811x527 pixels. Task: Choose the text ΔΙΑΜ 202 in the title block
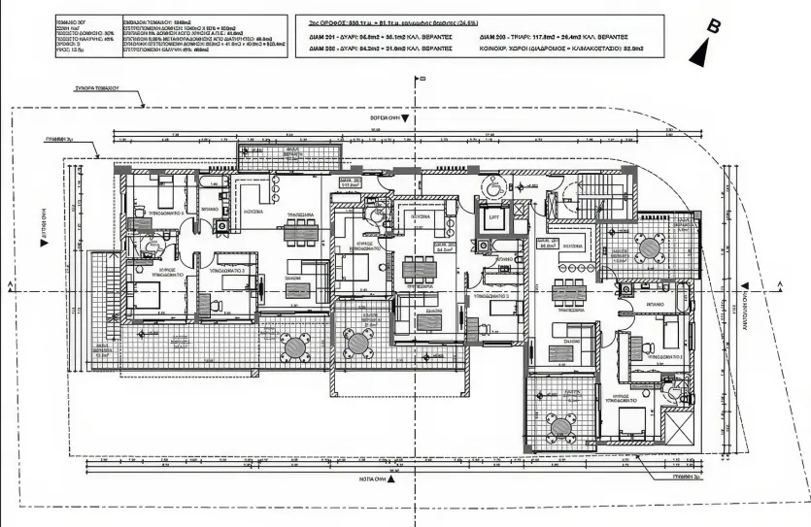click(x=322, y=49)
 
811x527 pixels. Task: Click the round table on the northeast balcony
click(x=649, y=248)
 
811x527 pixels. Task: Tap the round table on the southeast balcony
click(x=559, y=424)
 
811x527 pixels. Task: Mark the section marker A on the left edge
click(x=8, y=285)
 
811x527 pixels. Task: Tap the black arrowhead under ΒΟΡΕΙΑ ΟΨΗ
click(x=407, y=117)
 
